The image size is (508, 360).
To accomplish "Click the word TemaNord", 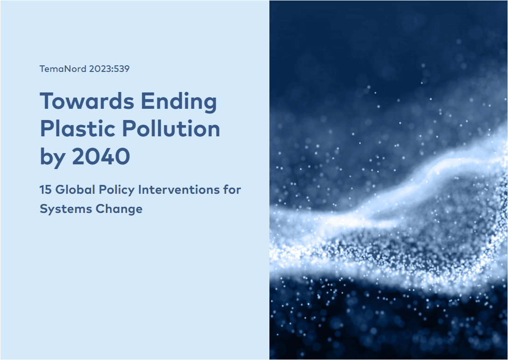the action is point(63,69).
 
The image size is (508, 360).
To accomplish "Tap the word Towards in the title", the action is point(87,101).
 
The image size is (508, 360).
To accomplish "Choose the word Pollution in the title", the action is point(171,129).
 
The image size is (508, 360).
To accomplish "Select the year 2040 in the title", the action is point(101,156).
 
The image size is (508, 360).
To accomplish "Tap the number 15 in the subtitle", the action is point(45,190).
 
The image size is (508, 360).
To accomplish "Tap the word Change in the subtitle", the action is point(119,210).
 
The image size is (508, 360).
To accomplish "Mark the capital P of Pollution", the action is point(129,129).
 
